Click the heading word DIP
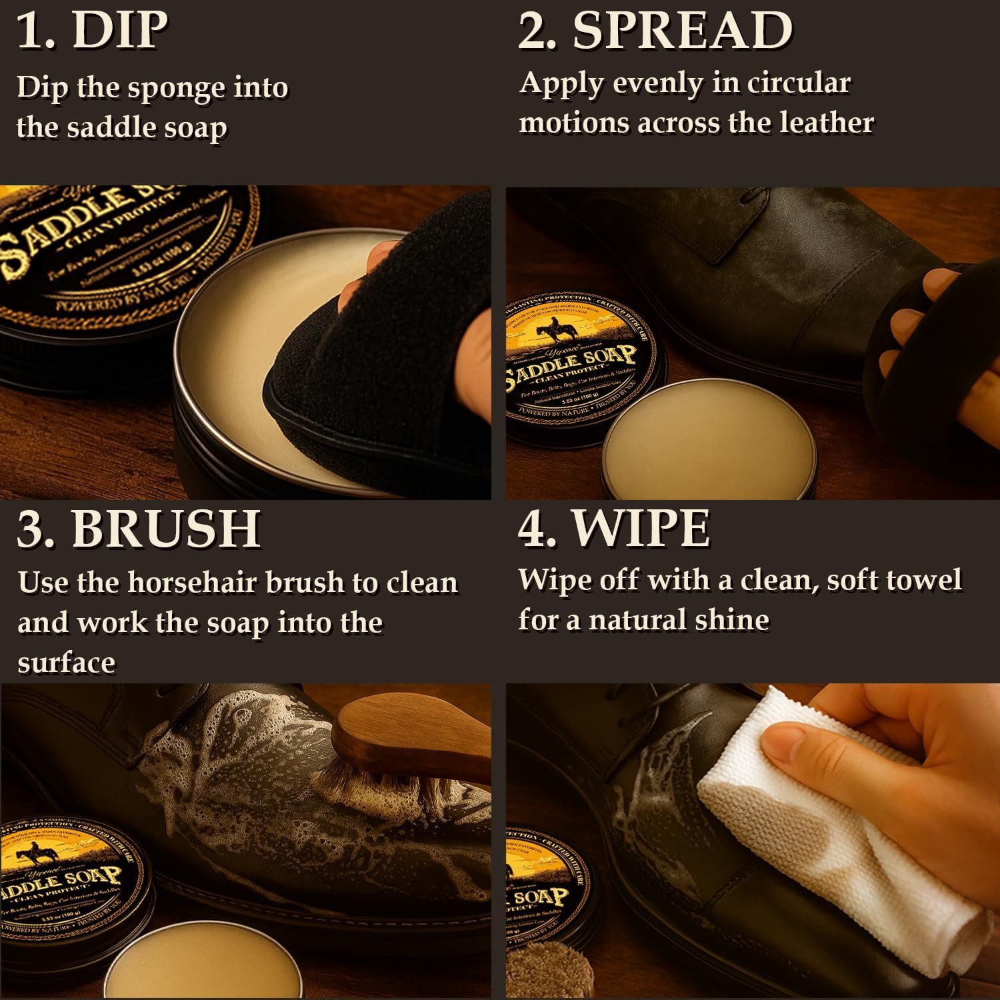point(119,30)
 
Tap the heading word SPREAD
point(683,30)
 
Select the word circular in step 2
point(798,83)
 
